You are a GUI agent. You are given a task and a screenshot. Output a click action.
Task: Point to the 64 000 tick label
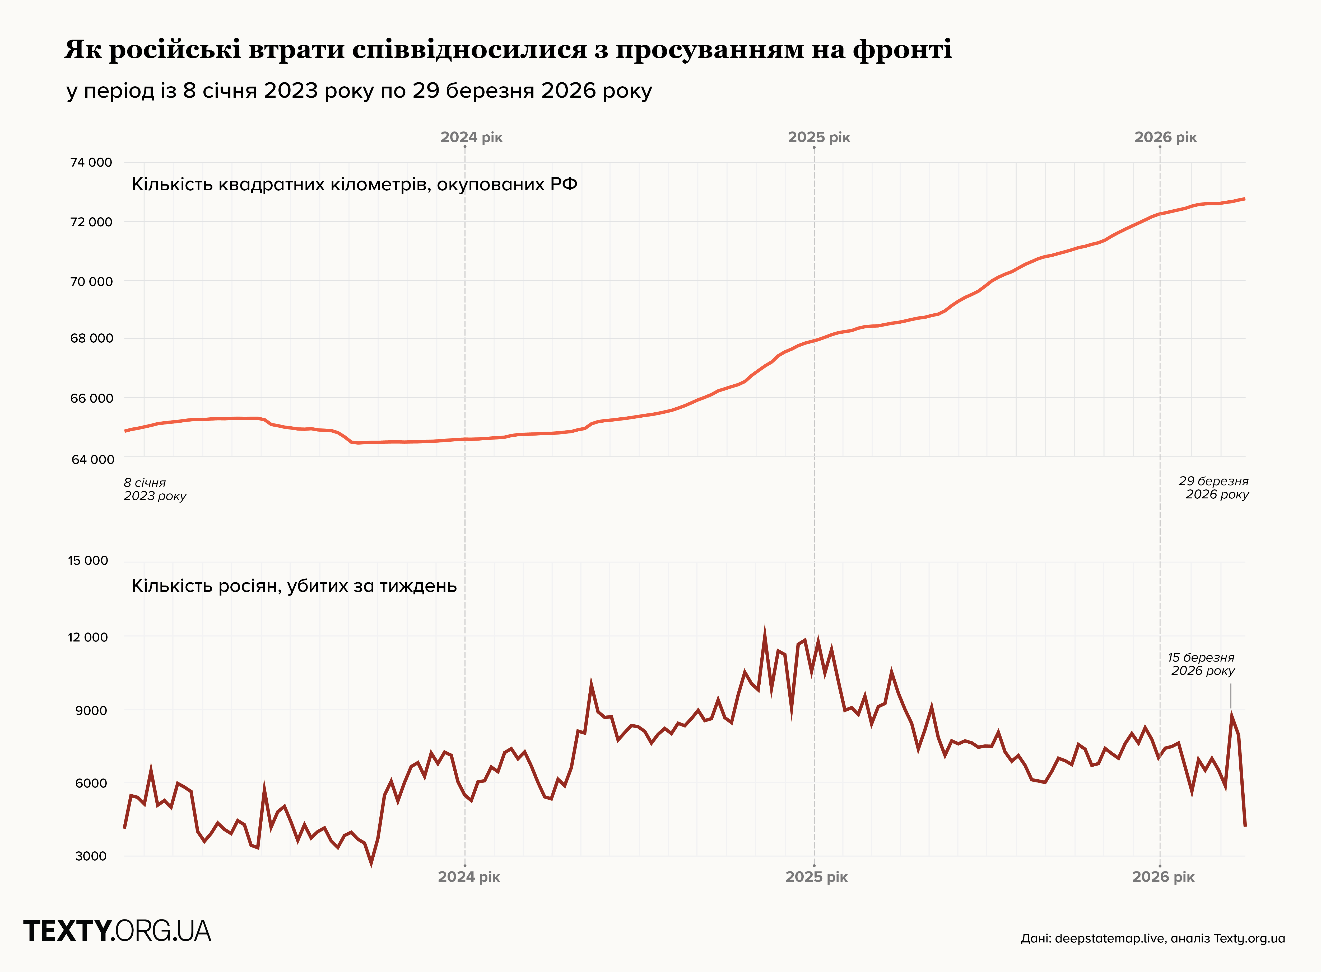(92, 460)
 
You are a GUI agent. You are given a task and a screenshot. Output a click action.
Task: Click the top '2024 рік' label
(471, 138)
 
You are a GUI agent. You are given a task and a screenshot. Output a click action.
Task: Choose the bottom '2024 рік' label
(469, 877)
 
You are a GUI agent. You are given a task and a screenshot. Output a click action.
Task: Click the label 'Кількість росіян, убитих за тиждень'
(294, 586)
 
